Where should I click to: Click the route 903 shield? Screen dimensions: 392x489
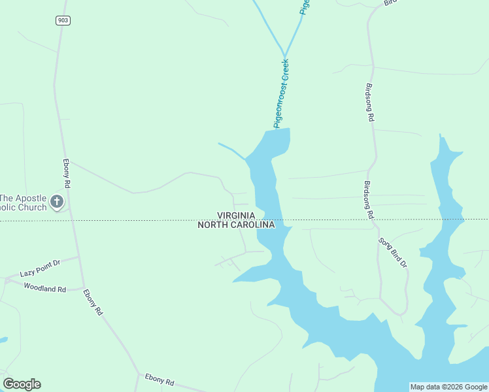[x=63, y=21]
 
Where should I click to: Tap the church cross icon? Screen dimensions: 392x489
[x=57, y=202]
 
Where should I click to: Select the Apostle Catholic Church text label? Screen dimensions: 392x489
[x=24, y=203]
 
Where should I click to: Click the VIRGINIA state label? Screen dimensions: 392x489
[x=236, y=215]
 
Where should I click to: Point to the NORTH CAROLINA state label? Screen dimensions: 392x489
[x=236, y=225]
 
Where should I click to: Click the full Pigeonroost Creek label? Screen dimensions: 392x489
[x=281, y=93]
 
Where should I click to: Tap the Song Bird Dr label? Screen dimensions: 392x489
[x=393, y=253]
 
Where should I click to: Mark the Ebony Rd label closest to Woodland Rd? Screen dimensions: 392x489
[x=92, y=302]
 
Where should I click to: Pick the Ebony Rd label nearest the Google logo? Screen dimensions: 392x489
[x=160, y=381]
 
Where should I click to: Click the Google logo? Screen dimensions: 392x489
[x=22, y=384]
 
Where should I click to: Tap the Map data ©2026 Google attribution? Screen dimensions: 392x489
[x=448, y=387]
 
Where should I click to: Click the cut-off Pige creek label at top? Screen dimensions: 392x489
[x=304, y=7]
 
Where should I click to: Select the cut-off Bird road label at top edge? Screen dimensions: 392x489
[x=390, y=3]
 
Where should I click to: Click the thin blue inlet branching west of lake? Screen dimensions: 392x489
[x=232, y=150]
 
